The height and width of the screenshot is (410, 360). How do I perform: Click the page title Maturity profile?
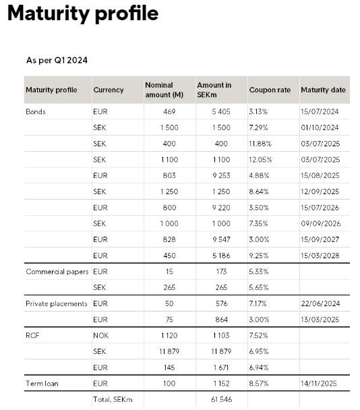(x=83, y=13)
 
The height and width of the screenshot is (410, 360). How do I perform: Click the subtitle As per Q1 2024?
(x=57, y=61)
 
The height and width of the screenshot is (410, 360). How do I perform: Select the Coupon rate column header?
(x=270, y=90)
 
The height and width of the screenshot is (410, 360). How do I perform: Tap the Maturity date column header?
(x=323, y=90)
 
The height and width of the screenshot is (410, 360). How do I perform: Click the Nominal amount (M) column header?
(x=164, y=90)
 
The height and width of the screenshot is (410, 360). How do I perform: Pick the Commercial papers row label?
(x=57, y=272)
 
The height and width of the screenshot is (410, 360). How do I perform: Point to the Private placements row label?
(x=57, y=303)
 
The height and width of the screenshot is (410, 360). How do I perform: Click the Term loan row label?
(x=42, y=384)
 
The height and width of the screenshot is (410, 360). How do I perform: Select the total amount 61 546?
(x=221, y=399)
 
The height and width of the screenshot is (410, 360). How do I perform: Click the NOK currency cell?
(x=100, y=335)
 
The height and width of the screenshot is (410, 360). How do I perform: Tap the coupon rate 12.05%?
(x=260, y=160)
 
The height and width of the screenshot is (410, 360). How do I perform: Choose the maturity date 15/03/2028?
(x=320, y=256)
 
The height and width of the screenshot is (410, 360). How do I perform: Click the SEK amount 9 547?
(x=221, y=239)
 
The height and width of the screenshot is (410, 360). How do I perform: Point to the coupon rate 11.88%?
(x=260, y=144)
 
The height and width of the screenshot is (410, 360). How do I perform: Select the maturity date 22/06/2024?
(x=320, y=303)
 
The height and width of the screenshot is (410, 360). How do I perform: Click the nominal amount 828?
(x=169, y=239)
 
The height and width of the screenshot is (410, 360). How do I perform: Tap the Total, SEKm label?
(x=113, y=399)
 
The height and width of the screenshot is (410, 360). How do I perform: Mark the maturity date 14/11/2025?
(x=319, y=384)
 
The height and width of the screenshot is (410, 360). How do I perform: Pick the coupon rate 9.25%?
(x=259, y=256)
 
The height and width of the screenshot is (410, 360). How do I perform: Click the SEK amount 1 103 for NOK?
(x=221, y=335)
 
